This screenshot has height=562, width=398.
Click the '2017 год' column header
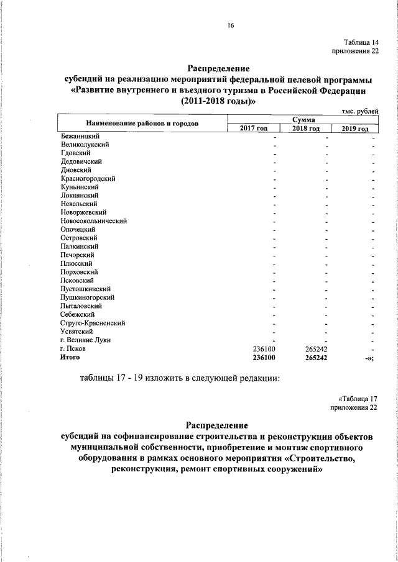click(253, 128)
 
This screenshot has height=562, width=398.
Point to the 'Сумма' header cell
click(303, 119)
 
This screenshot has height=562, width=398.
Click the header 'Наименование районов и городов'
click(142, 123)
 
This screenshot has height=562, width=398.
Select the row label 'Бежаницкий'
click(81, 135)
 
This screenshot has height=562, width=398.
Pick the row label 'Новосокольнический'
click(94, 220)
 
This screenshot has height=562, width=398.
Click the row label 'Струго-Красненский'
click(93, 323)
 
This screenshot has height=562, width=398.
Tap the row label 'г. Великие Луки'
click(86, 340)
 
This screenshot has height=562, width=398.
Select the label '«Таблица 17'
click(358, 398)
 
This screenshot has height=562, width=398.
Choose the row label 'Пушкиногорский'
click(87, 297)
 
